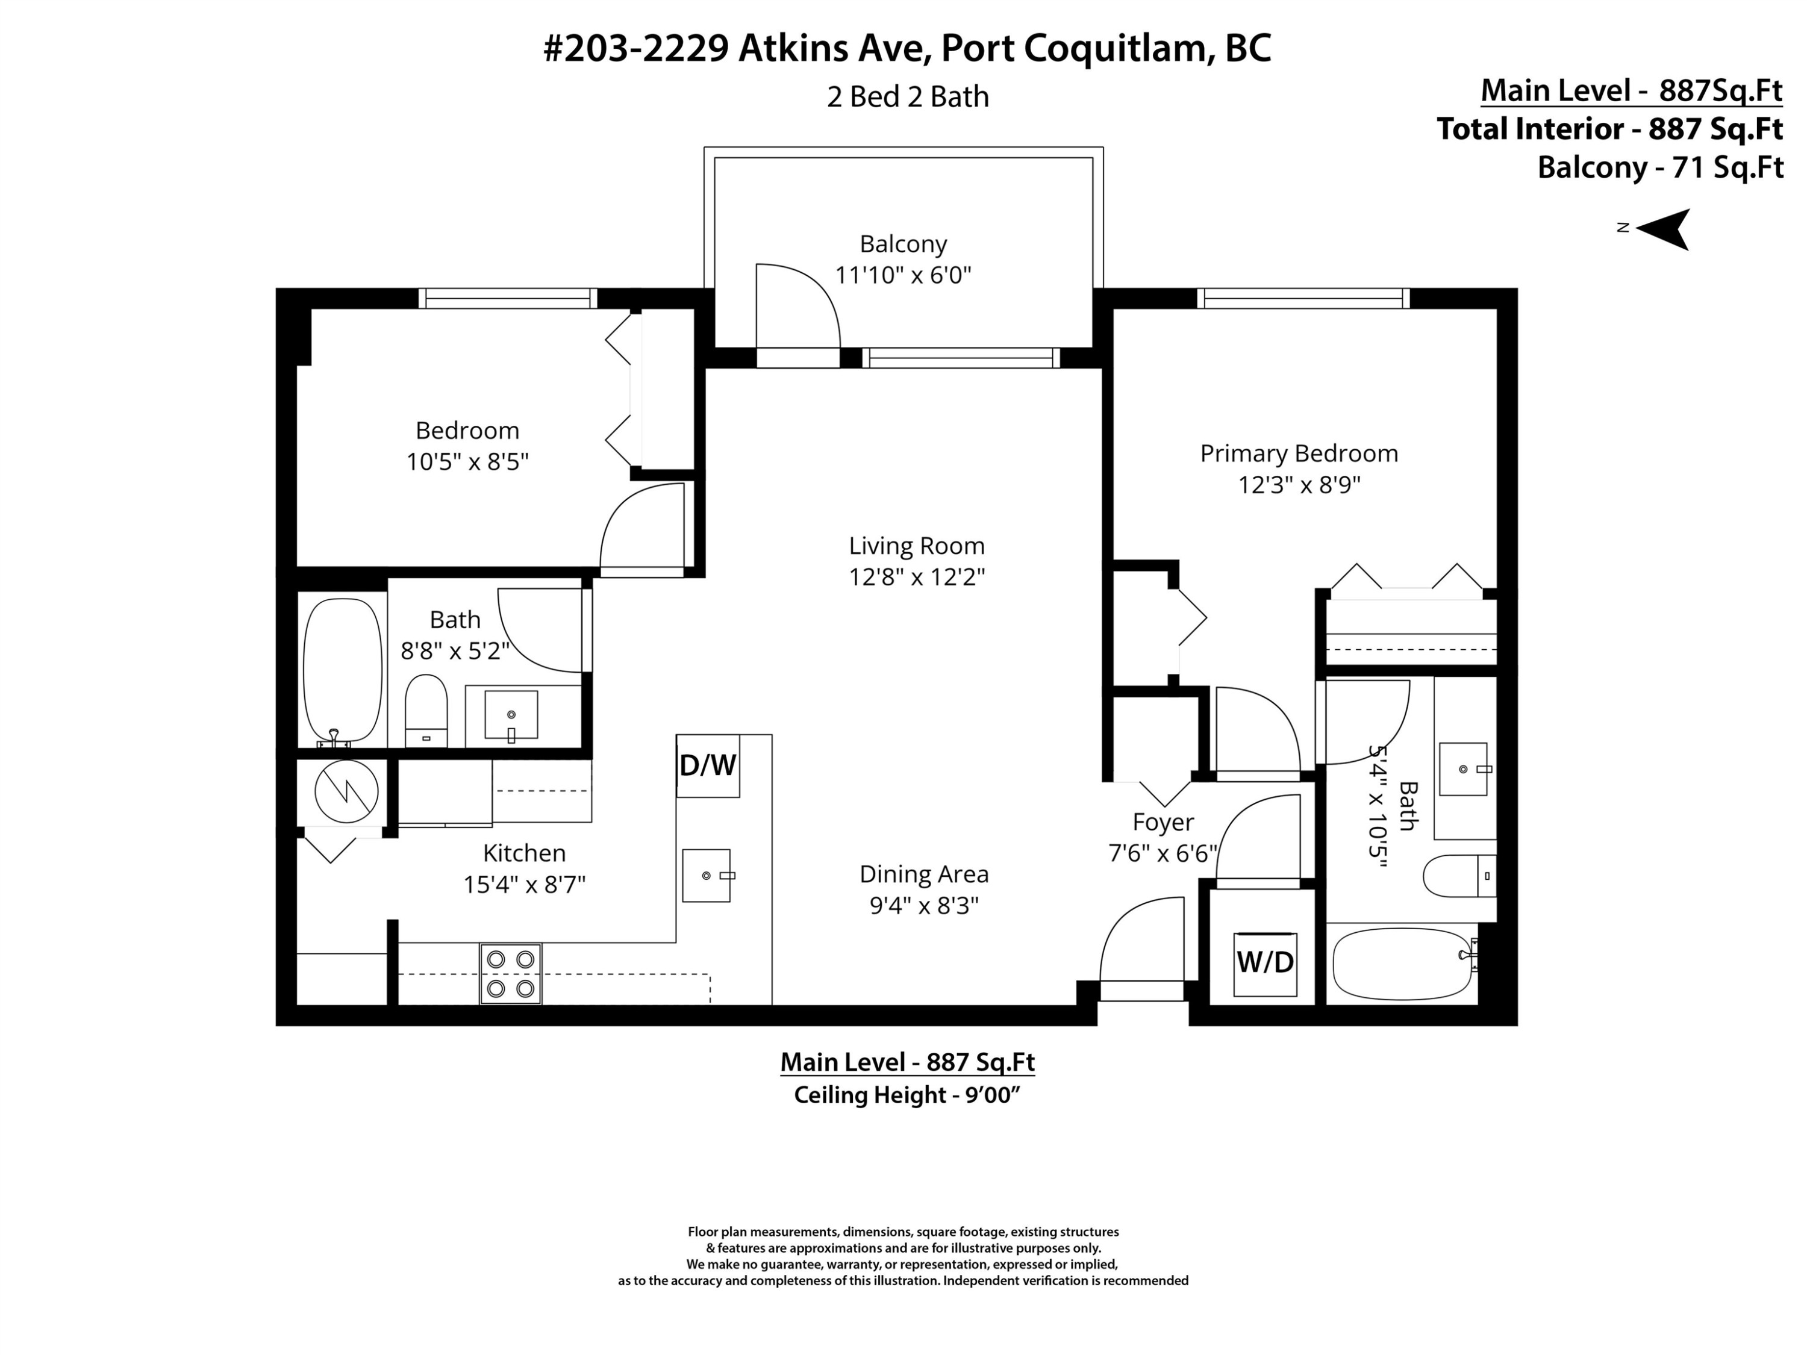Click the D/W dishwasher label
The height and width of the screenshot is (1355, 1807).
[x=708, y=765]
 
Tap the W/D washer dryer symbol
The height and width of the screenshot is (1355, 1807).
[x=1264, y=963]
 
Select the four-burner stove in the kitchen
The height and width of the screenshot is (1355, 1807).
[x=511, y=974]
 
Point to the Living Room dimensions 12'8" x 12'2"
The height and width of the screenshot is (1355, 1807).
[x=917, y=578]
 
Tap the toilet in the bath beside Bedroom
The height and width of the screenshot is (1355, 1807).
[x=426, y=711]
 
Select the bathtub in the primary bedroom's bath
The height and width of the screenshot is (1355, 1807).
[x=1401, y=964]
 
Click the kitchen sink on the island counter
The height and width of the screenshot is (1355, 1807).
[x=707, y=876]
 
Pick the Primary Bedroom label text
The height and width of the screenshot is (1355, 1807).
[x=1298, y=453]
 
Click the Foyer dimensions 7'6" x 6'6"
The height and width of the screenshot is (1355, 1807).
[x=1163, y=853]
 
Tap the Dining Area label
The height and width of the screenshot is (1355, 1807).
[x=924, y=874]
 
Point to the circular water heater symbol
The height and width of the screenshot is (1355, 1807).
[x=346, y=791]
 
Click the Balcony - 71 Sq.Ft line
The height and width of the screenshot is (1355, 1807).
[x=1659, y=167]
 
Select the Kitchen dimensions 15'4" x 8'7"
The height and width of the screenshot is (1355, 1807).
[x=525, y=885]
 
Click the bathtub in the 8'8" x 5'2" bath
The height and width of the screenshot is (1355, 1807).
[x=342, y=670]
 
